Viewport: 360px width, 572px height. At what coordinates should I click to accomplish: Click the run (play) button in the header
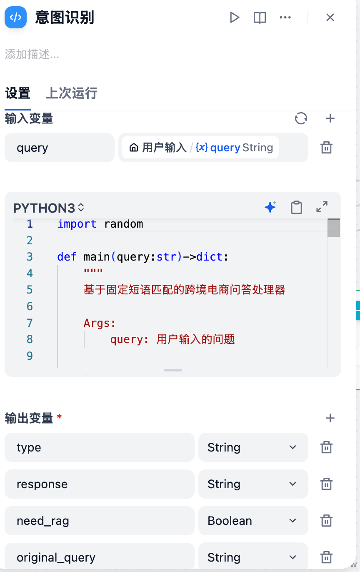[x=235, y=18]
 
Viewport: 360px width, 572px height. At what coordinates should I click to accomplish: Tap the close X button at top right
[x=330, y=18]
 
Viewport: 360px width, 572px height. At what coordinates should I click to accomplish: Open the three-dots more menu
[x=285, y=18]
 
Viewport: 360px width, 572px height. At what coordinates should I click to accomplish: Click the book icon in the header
[x=260, y=18]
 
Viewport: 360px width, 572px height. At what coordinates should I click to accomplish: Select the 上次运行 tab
[x=72, y=93]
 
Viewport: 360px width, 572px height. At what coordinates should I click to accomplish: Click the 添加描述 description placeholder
[x=32, y=54]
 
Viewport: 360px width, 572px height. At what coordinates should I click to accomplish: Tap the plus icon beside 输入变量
[x=330, y=118]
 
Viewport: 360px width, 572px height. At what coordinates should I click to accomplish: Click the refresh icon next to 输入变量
[x=301, y=118]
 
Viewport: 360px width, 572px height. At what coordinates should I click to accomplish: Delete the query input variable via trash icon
[x=326, y=147]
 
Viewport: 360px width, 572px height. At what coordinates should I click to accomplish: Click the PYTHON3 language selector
[x=48, y=208]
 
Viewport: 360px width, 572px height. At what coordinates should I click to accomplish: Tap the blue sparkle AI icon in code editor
[x=270, y=207]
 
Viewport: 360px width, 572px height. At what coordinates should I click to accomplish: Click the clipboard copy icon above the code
[x=297, y=207]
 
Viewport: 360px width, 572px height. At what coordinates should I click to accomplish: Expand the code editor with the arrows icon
[x=322, y=207]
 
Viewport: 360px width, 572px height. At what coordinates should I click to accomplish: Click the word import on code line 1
[x=77, y=224]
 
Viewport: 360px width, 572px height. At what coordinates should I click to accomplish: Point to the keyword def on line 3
[x=67, y=257]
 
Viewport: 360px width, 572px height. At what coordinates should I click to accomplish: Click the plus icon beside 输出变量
[x=330, y=418]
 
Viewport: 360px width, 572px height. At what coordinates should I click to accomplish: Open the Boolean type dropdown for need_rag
[x=253, y=520]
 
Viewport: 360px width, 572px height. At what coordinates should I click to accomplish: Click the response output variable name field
[x=100, y=484]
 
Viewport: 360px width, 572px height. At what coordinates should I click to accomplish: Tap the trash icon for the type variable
[x=326, y=447]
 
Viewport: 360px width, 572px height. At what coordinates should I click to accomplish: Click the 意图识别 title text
[x=65, y=18]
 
